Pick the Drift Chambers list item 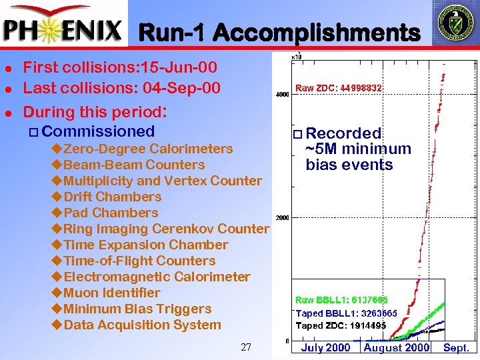(112, 197)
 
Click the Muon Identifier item (111, 293)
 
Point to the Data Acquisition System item (141, 325)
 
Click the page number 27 (246, 347)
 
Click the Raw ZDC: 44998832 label (339, 88)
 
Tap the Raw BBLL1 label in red (341, 300)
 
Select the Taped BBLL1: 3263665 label (346, 313)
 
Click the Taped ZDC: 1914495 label (341, 325)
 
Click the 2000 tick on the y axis (282, 218)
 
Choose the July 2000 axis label (325, 347)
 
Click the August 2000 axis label (397, 347)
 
